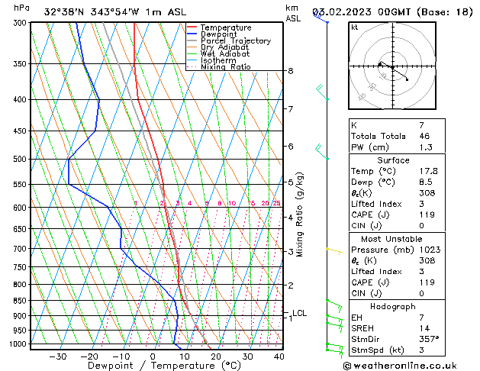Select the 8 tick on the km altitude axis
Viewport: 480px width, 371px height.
(291, 71)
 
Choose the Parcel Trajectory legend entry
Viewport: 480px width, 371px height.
(235, 41)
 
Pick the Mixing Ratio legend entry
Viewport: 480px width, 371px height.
(225, 67)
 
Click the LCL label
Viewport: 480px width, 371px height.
(300, 313)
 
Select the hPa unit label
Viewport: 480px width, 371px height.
(22, 8)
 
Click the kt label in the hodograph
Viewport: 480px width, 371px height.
(355, 27)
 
